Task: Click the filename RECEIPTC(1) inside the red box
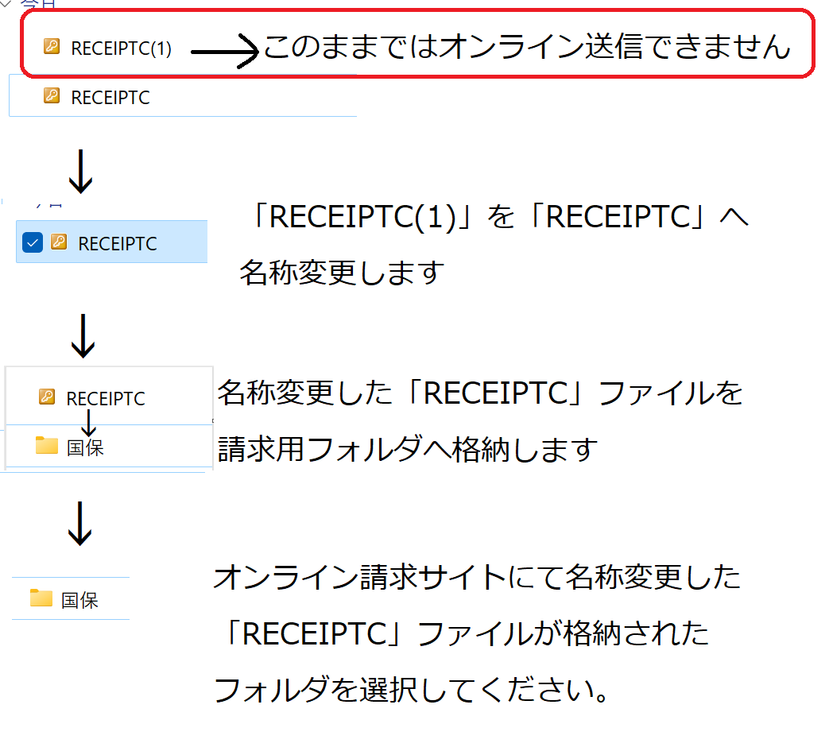pyautogui.click(x=121, y=48)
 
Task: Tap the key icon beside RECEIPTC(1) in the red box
pyautogui.click(x=52, y=47)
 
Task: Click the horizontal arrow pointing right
pyautogui.click(x=225, y=52)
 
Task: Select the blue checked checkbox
pyautogui.click(x=33, y=243)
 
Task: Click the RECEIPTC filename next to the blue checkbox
pyautogui.click(x=118, y=244)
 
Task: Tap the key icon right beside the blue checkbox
pyautogui.click(x=59, y=242)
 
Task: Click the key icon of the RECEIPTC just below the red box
pyautogui.click(x=52, y=96)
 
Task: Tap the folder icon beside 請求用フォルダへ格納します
pyautogui.click(x=47, y=446)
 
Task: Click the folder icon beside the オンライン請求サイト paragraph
pyautogui.click(x=41, y=598)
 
